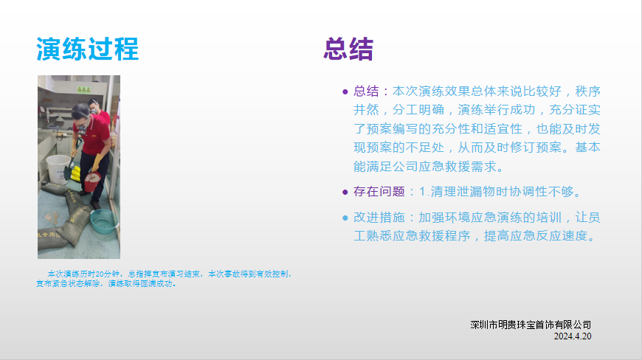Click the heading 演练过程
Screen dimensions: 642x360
pyautogui.click(x=88, y=49)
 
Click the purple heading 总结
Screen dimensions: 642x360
pyautogui.click(x=348, y=49)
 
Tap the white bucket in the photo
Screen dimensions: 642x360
pyautogui.click(x=58, y=168)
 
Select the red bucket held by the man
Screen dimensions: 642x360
pyautogui.click(x=92, y=181)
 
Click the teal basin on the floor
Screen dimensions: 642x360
pyautogui.click(x=103, y=221)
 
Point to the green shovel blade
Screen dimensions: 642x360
pyautogui.click(x=68, y=173)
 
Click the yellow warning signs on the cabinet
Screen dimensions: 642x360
pyautogui.click(x=83, y=89)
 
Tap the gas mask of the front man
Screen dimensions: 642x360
pyautogui.click(x=82, y=129)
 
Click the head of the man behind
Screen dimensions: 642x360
pyautogui.click(x=94, y=105)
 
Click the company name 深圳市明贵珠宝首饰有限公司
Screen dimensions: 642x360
pyautogui.click(x=531, y=325)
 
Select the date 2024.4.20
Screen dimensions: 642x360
pyautogui.click(x=573, y=336)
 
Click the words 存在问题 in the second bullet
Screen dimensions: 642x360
pyautogui.click(x=379, y=192)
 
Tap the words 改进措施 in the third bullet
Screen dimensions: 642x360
pyautogui.click(x=379, y=217)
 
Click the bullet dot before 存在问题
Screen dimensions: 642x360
pyautogui.click(x=345, y=193)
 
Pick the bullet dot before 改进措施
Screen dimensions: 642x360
pyautogui.click(x=345, y=218)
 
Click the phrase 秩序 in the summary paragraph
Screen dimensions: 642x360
pyautogui.click(x=588, y=91)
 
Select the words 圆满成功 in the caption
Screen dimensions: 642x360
pyautogui.click(x=156, y=283)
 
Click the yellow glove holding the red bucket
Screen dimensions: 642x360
pyautogui.click(x=96, y=163)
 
